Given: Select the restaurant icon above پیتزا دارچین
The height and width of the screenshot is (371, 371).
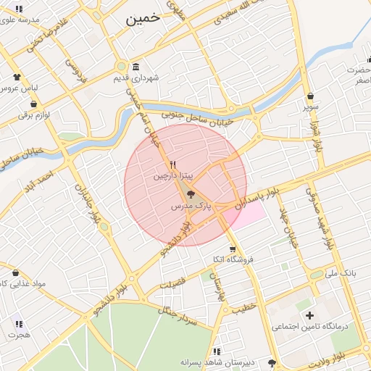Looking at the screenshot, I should [173, 164].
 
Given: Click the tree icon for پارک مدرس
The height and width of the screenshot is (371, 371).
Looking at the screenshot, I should [190, 194].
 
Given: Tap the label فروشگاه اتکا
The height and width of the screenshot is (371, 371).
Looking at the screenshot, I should [228, 259].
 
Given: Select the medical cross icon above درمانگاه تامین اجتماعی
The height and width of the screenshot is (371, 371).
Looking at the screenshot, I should [309, 315].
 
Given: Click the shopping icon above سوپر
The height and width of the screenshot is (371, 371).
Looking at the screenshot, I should [311, 96].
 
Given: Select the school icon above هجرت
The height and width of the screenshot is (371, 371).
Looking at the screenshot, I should [19, 324].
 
